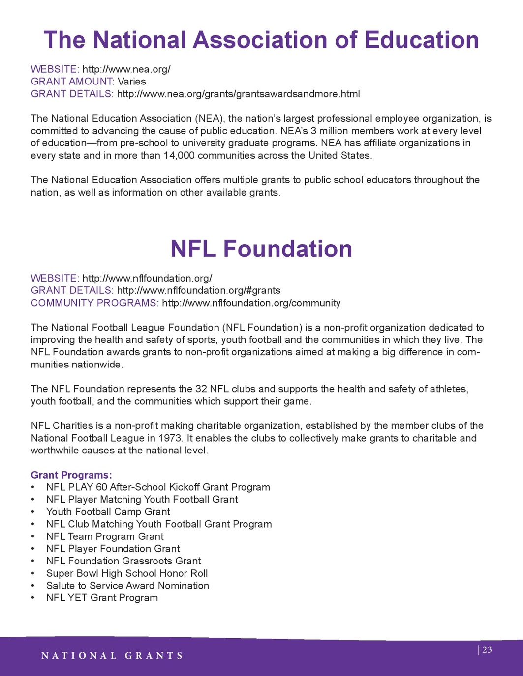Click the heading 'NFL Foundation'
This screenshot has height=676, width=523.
click(261, 249)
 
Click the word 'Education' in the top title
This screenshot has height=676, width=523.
click(422, 40)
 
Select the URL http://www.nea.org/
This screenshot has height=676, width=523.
click(126, 69)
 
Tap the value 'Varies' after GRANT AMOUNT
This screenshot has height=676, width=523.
click(132, 82)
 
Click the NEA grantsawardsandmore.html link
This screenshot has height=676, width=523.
click(238, 94)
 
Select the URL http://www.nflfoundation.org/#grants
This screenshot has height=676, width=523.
click(199, 290)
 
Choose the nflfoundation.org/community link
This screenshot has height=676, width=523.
click(251, 303)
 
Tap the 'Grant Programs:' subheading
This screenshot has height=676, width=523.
click(71, 475)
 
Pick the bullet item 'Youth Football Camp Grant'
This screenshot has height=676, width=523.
click(108, 512)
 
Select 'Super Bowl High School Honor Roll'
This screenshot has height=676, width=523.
click(127, 573)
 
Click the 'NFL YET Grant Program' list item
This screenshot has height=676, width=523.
click(102, 598)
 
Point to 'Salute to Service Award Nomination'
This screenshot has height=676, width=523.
click(127, 586)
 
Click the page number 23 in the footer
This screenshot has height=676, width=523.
click(487, 650)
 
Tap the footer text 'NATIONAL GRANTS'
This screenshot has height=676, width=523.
click(112, 656)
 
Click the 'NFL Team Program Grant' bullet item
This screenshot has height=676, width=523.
click(105, 536)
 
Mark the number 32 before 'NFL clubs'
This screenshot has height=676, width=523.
click(201, 389)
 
